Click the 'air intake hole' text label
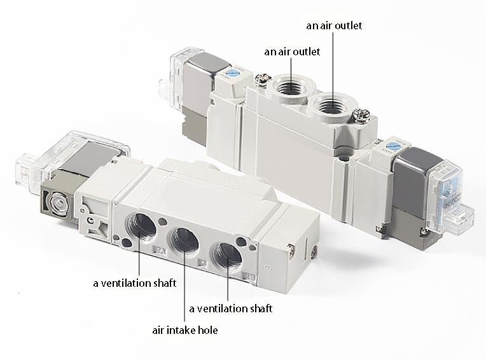(184, 330)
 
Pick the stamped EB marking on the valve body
(250, 277)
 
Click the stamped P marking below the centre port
(203, 263)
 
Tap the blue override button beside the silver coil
(231, 73)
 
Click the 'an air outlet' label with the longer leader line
(334, 25)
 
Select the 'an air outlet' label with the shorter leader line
(292, 52)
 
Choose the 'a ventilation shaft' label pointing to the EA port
(135, 283)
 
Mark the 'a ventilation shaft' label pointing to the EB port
(231, 308)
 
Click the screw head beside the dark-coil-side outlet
(361, 115)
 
